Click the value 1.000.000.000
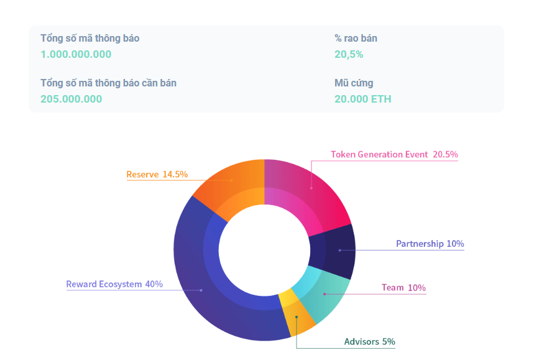pos(76,54)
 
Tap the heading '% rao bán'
pos(356,39)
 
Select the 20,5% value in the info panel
pos(349,54)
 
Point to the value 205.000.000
pos(71,99)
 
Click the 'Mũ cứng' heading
pos(354,83)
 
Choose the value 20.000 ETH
pos(362,99)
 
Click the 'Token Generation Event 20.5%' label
pos(394,154)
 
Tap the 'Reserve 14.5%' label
pos(157,174)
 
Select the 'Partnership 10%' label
pos(430,244)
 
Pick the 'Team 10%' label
pos(403,287)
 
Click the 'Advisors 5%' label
pos(369,341)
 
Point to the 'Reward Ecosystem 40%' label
pos(114,284)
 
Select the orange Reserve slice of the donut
pos(230,183)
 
